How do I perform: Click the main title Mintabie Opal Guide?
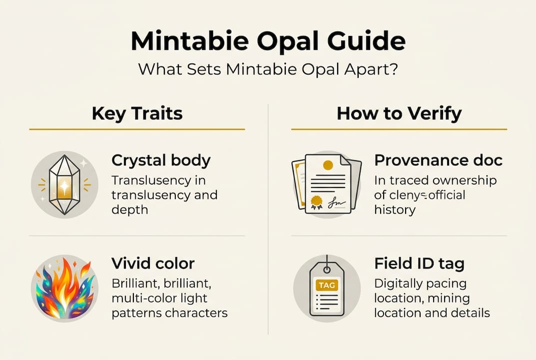268,41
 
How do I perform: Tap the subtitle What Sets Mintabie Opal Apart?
268,68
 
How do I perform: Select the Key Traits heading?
137,113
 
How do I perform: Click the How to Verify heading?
399,113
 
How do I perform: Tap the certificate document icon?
327,183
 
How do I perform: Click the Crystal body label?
161,160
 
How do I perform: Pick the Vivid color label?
153,263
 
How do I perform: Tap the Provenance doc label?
438,160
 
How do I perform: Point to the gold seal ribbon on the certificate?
316,201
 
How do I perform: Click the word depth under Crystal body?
130,210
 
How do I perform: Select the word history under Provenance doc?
395,210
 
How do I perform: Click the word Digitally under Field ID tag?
398,283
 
